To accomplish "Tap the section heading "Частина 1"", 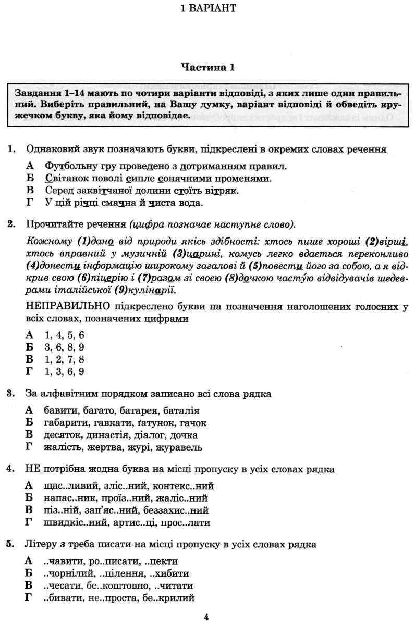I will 207,67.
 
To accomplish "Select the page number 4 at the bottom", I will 207,617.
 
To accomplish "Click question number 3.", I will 10,394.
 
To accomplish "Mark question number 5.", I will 10,544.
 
